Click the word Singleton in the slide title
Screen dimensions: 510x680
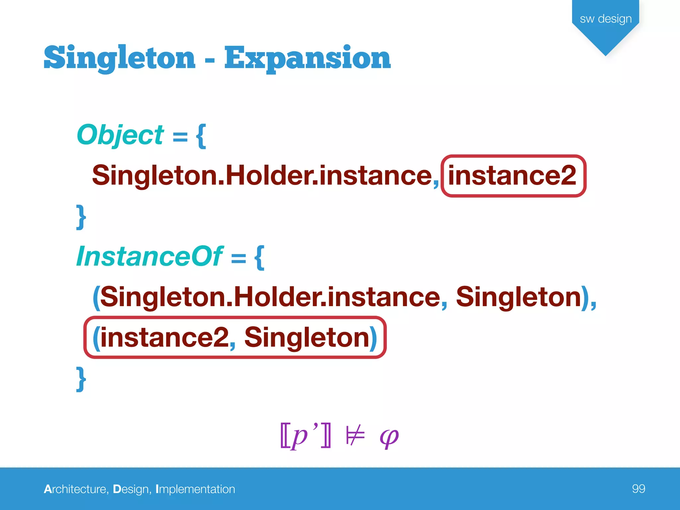120,58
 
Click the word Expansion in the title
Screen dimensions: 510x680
307,58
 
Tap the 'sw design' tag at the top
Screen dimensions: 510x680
606,19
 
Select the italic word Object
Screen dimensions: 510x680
120,135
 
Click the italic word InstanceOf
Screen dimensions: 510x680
150,257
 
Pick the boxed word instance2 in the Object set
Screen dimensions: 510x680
512,176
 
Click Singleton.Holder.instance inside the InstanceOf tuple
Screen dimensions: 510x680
270,297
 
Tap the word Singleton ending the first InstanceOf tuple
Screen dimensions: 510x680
518,297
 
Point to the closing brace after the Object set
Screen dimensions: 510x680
81,217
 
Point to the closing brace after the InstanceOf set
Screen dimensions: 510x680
81,379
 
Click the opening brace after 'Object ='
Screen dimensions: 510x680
201,136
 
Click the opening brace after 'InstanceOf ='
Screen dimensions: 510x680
259,258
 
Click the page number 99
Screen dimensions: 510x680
638,489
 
